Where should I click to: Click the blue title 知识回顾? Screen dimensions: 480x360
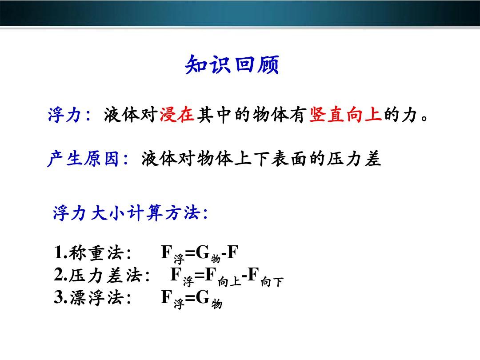click(232, 64)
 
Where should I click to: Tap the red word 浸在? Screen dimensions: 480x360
click(177, 115)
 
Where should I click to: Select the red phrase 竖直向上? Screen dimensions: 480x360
click(346, 115)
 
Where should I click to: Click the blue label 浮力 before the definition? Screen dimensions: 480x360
click(64, 115)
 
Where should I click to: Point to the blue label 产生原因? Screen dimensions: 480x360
click(83, 159)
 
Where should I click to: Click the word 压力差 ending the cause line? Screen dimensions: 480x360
click(354, 159)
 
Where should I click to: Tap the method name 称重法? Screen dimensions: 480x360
click(96, 253)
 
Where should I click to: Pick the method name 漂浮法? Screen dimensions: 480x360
click(96, 297)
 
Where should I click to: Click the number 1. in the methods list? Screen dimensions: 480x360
click(61, 253)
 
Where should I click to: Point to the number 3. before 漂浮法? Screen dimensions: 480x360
click(61, 297)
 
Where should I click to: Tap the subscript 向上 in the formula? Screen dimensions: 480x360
click(229, 281)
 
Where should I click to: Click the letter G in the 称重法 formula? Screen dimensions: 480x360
click(203, 252)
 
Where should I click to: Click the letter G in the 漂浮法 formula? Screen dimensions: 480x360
click(203, 296)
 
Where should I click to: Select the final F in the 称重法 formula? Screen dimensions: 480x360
click(232, 252)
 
